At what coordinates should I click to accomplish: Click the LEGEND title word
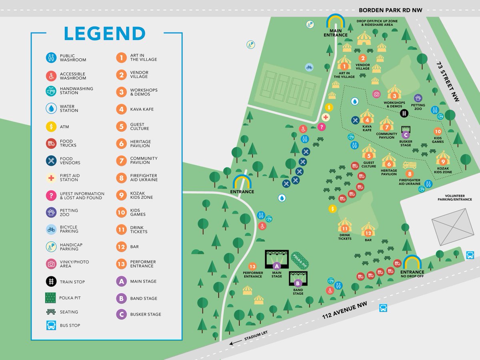tap(105, 34)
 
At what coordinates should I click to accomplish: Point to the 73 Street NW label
tap(448, 82)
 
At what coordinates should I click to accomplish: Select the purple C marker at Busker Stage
tap(405, 135)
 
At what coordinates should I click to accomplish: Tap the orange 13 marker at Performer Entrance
tap(252, 266)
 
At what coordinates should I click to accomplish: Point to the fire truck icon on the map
tap(409, 165)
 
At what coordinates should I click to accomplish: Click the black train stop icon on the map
tap(404, 114)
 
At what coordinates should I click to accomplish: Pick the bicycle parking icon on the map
tap(309, 67)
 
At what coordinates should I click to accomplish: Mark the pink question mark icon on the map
tap(321, 127)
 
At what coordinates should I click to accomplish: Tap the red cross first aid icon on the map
tap(326, 117)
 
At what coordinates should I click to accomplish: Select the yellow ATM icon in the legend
tap(51, 127)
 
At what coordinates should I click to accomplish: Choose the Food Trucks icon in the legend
tap(51, 143)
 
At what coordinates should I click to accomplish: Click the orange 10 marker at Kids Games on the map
tap(438, 132)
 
